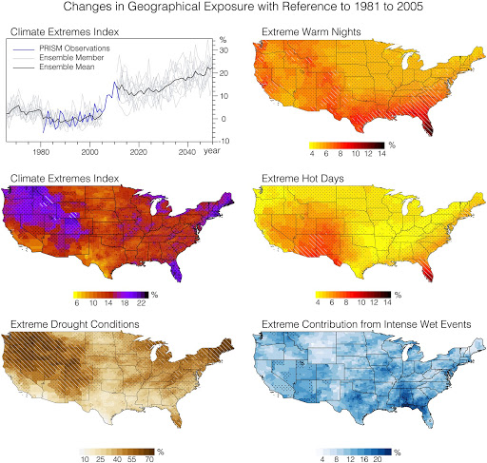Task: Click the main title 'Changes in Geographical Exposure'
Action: click(243, 10)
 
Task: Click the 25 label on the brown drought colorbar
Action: click(99, 458)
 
